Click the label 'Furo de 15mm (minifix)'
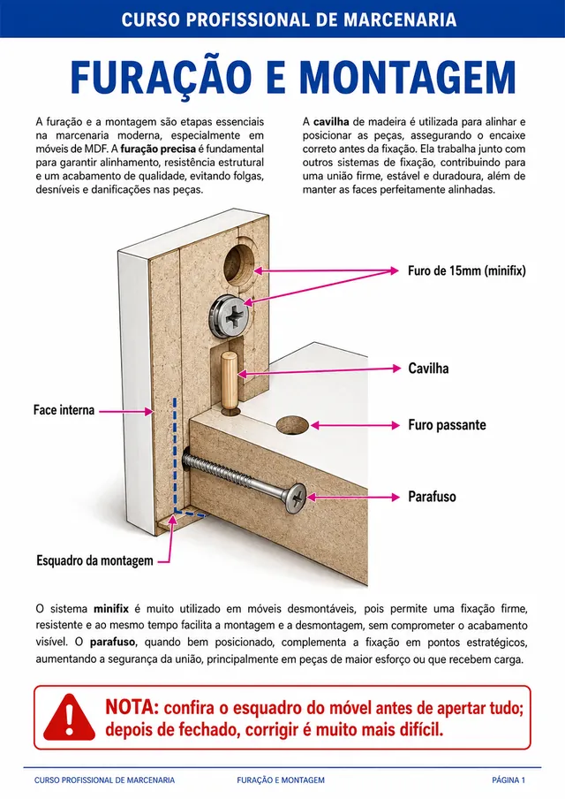[466, 270]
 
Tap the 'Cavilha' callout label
[428, 369]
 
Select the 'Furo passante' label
[447, 425]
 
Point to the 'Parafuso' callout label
[432, 497]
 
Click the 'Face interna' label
[64, 410]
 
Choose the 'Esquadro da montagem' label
[94, 560]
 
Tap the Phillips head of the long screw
[296, 498]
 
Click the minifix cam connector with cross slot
[229, 316]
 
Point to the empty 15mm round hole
[239, 265]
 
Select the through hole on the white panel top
[292, 425]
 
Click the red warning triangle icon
[69, 717]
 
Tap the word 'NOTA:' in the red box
[132, 707]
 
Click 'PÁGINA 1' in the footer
[508, 780]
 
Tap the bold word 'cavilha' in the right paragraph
[331, 122]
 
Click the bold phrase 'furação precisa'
[158, 149]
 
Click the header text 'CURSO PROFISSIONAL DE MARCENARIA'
[289, 19]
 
